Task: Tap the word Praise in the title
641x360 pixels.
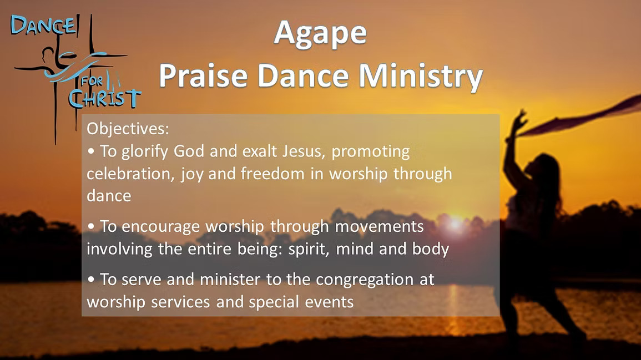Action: pos(203,76)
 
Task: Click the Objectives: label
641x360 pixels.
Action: pos(128,129)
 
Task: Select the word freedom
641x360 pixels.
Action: pos(272,174)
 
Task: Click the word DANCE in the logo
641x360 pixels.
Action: pos(43,26)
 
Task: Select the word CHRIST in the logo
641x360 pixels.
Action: pos(105,99)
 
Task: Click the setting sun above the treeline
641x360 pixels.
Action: pos(455,223)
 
